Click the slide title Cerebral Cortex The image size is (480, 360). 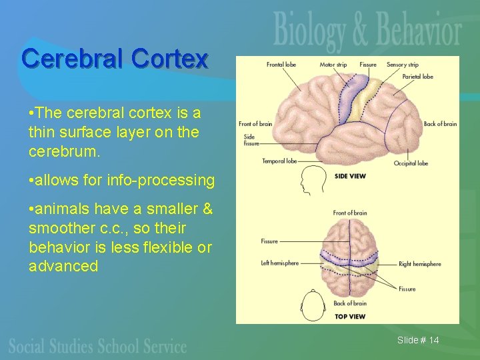coord(115,59)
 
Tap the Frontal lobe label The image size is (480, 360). coord(281,65)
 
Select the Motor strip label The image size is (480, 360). coord(333,65)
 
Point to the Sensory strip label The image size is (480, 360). coord(402,65)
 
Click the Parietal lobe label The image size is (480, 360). coord(417,77)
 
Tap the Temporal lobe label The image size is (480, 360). coord(279,161)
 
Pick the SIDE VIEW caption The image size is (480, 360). coord(349,176)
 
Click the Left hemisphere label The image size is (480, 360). coord(279,263)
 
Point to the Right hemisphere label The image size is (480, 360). coord(419,264)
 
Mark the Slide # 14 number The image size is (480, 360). coord(418,341)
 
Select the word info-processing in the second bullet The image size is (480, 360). coord(173,180)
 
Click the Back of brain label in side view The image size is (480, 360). coord(440,123)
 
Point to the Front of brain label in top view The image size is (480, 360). coord(349,213)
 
